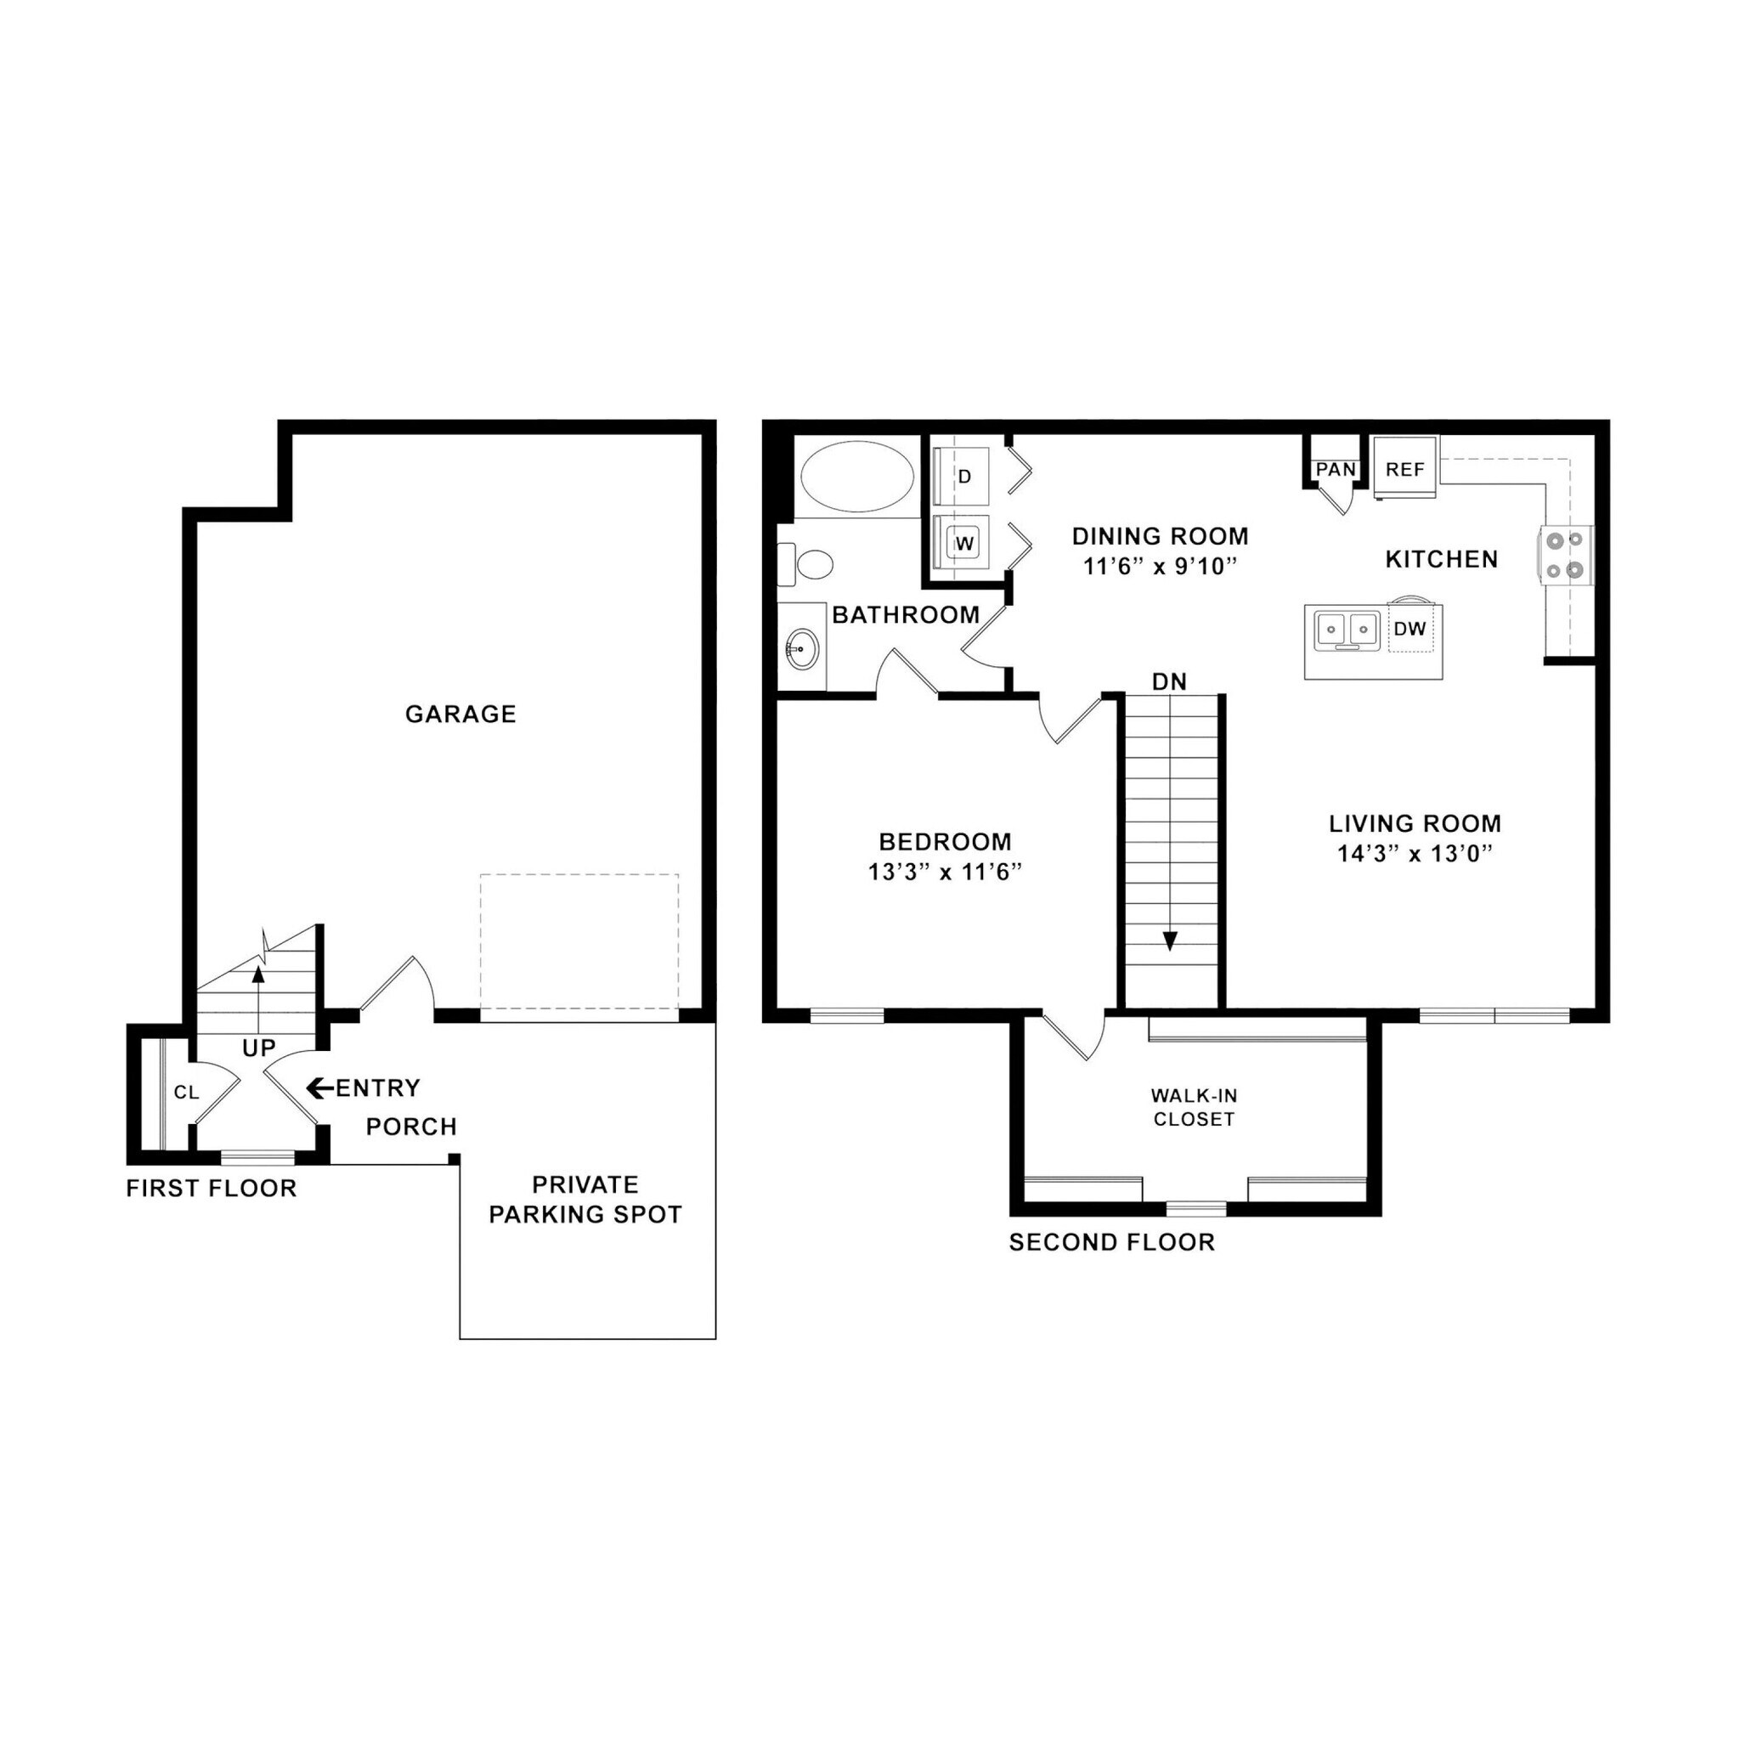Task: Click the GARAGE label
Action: [x=460, y=715]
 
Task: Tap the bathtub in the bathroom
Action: [x=856, y=477]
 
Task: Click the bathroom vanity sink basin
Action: [x=800, y=647]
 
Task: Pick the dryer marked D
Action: [x=963, y=477]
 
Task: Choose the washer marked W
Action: [x=963, y=543]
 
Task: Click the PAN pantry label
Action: [x=1336, y=469]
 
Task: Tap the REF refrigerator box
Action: [x=1405, y=469]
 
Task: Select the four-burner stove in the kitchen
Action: [x=1563, y=555]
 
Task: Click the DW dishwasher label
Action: [x=1410, y=629]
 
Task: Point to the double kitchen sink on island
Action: [x=1347, y=630]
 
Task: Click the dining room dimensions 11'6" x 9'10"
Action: [x=1160, y=567]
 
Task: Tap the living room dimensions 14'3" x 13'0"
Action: [x=1415, y=853]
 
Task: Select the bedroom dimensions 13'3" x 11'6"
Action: [x=945, y=872]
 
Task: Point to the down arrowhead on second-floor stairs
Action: [x=1170, y=942]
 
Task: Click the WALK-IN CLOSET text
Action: [x=1194, y=1108]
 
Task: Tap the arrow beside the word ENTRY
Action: [x=319, y=1088]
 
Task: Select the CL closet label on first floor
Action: [x=186, y=1093]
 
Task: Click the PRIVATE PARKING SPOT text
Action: [x=585, y=1199]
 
